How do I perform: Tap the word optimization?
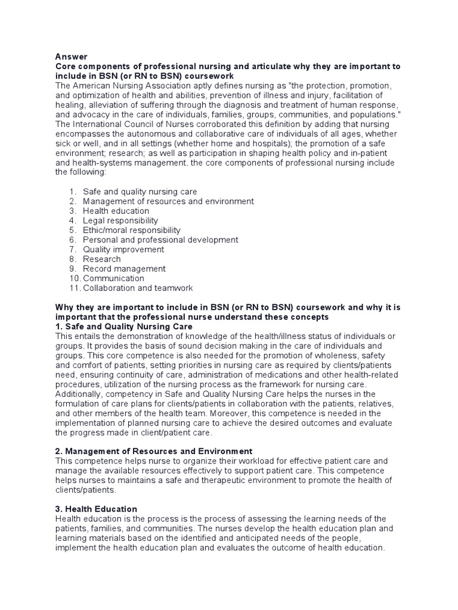pyautogui.click(x=98, y=96)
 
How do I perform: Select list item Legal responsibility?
pyautogui.click(x=120, y=220)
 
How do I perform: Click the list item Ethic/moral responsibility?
pyautogui.click(x=131, y=230)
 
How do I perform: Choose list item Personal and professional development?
pyautogui.click(x=160, y=239)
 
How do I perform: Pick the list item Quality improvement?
pyautogui.click(x=123, y=249)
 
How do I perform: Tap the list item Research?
pyautogui.click(x=101, y=259)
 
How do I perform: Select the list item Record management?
pyautogui.click(x=124, y=269)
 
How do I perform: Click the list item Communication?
pyautogui.click(x=113, y=278)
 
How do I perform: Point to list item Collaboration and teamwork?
pyautogui.click(x=138, y=288)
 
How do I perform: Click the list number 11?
pyautogui.click(x=74, y=288)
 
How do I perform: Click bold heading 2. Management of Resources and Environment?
pyautogui.click(x=154, y=451)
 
